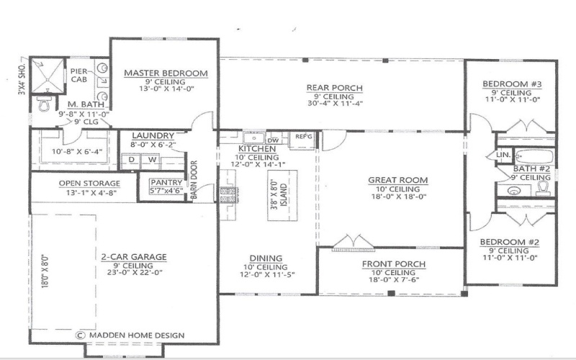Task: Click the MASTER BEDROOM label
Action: [166, 73]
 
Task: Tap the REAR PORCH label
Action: [334, 89]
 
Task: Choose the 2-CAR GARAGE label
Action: [134, 256]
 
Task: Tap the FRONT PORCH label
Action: [393, 264]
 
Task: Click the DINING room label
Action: [266, 258]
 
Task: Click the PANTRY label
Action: [166, 183]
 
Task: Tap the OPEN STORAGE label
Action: [89, 183]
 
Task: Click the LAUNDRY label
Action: [153, 135]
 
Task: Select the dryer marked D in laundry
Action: [132, 160]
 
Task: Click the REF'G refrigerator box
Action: [301, 138]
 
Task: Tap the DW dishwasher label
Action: [273, 140]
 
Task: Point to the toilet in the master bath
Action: [45, 105]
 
